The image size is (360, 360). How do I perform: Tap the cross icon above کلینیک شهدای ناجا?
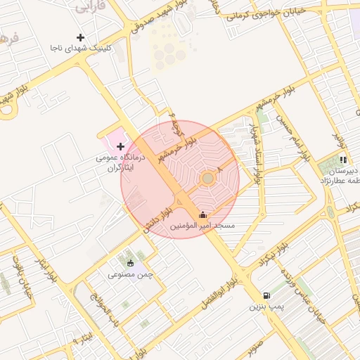coord(81,37)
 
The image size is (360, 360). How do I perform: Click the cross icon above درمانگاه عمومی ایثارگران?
coord(120,147)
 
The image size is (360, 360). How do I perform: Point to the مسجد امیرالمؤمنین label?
coord(203,226)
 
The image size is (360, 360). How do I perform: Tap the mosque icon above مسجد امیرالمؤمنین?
coord(203,215)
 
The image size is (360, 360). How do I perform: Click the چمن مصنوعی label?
coord(130,274)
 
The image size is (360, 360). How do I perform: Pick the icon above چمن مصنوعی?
coord(130,263)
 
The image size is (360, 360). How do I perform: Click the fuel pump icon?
coord(266,296)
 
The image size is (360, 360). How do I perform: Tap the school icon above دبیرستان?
coord(343,160)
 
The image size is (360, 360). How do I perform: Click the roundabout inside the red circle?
coord(207,179)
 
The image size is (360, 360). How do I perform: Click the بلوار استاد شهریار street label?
coord(252,151)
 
